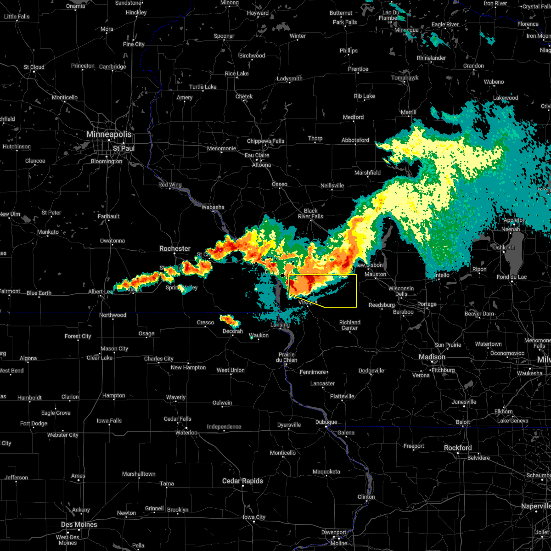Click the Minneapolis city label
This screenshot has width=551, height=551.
pyautogui.click(x=109, y=135)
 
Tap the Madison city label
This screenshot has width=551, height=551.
pyautogui.click(x=432, y=357)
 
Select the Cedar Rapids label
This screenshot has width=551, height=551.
pyautogui.click(x=242, y=481)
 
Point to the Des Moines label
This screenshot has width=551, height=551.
pyautogui.click(x=79, y=524)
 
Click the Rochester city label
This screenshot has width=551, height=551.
pyautogui.click(x=174, y=248)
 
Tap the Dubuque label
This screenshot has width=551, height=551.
pyautogui.click(x=326, y=422)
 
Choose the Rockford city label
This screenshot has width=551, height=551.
pyautogui.click(x=457, y=448)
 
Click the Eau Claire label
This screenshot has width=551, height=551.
pyautogui.click(x=257, y=155)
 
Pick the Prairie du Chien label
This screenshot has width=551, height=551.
pyautogui.click(x=287, y=357)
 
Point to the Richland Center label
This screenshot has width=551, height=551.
pyautogui.click(x=349, y=325)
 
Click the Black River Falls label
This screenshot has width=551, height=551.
pyautogui.click(x=310, y=214)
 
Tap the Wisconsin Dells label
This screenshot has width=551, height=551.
pyautogui.click(x=401, y=291)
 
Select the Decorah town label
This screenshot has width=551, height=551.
pyautogui.click(x=233, y=331)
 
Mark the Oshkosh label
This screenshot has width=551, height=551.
pyautogui.click(x=503, y=247)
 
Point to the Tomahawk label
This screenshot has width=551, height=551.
pyautogui.click(x=405, y=78)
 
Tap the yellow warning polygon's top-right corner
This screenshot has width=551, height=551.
pyautogui.click(x=356, y=275)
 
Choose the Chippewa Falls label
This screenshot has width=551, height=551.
pyautogui.click(x=265, y=141)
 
